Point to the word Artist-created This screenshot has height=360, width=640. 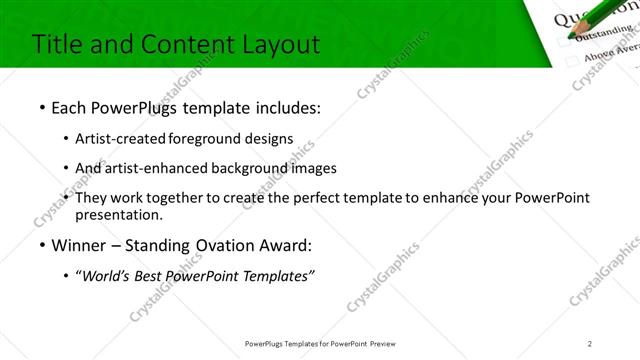(x=121, y=138)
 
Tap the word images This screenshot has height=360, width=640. (x=330, y=168)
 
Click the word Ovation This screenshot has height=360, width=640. (x=224, y=245)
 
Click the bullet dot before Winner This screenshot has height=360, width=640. (x=41, y=245)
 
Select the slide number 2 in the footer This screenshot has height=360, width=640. (x=590, y=343)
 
